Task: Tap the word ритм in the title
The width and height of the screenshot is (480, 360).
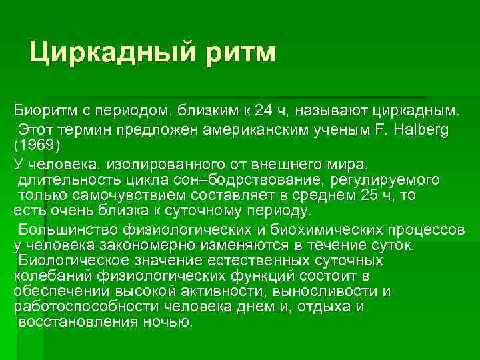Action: pos(237,51)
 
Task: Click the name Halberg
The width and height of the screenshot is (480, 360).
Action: pos(421,129)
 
